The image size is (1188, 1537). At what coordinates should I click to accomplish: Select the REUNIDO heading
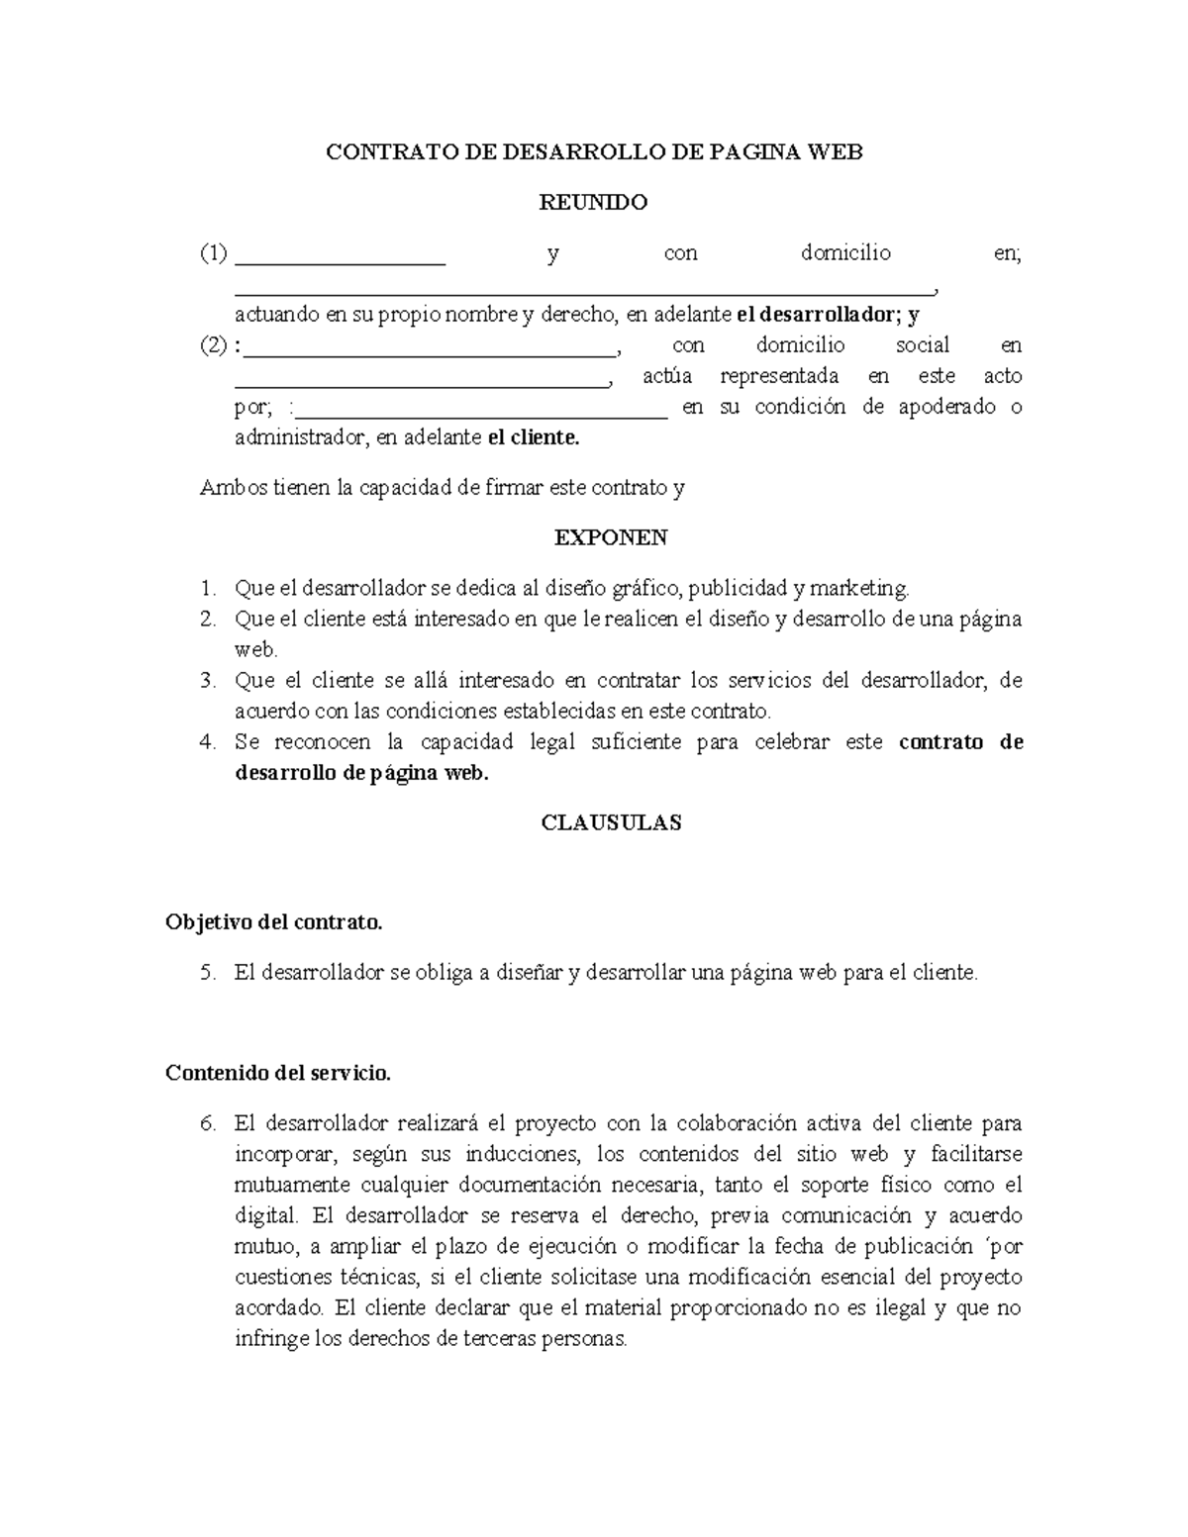pyautogui.click(x=593, y=203)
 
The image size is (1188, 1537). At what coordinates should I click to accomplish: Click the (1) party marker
pyautogui.click(x=214, y=253)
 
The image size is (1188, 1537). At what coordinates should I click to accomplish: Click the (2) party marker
pyautogui.click(x=214, y=345)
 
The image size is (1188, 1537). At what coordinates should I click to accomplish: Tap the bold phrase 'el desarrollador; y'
pyautogui.click(x=829, y=316)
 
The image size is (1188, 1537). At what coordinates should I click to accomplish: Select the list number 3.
pyautogui.click(x=207, y=681)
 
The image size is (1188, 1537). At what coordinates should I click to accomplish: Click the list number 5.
pyautogui.click(x=207, y=973)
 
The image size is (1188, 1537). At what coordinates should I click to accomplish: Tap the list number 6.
pyautogui.click(x=207, y=1124)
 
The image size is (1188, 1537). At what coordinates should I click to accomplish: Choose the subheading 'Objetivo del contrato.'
pyautogui.click(x=273, y=922)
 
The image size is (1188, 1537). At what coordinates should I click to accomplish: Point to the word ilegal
pyautogui.click(x=900, y=1308)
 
